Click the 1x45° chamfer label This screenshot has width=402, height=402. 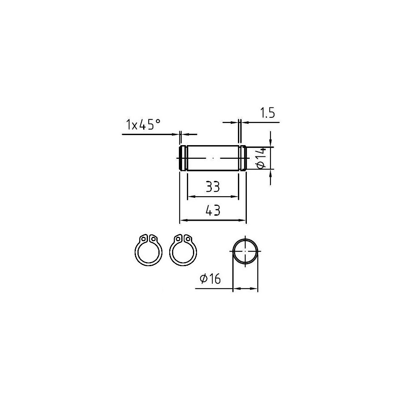(x=144, y=124)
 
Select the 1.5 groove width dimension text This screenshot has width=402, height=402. (x=267, y=113)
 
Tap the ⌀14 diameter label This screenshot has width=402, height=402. (x=261, y=158)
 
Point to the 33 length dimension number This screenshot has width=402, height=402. (x=213, y=187)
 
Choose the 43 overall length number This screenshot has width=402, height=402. (x=213, y=211)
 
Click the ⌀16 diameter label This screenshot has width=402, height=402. (x=210, y=279)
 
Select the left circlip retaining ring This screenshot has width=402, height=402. (x=148, y=250)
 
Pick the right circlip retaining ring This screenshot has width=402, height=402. (x=183, y=250)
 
